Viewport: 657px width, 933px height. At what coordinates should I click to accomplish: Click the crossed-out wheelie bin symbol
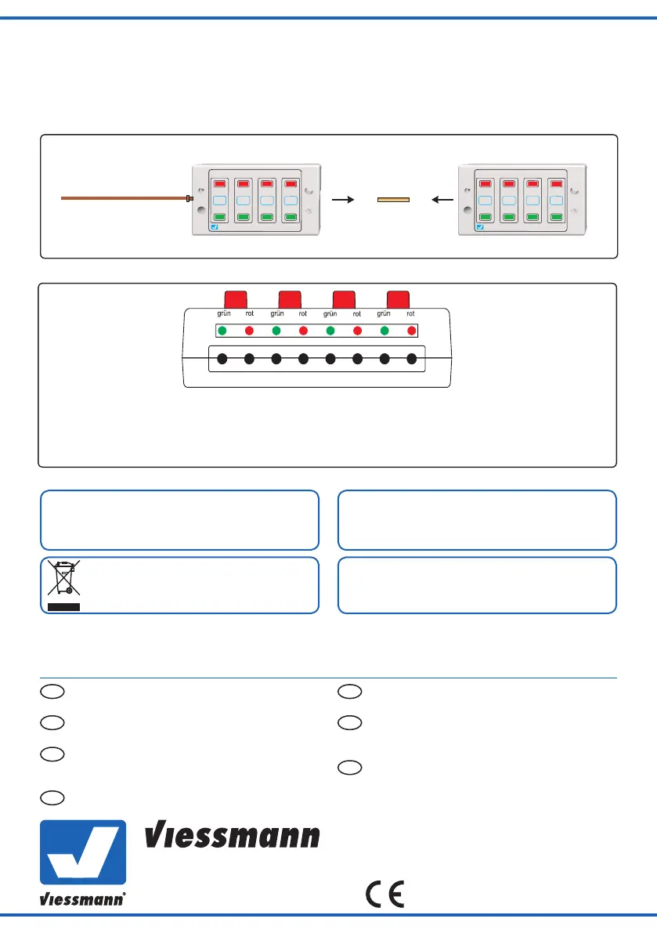pyautogui.click(x=63, y=580)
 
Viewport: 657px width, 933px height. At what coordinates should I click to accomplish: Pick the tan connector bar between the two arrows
pyautogui.click(x=393, y=200)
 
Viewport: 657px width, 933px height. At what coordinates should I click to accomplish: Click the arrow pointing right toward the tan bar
pyautogui.click(x=343, y=200)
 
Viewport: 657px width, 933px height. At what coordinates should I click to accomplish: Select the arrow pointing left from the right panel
pyautogui.click(x=443, y=200)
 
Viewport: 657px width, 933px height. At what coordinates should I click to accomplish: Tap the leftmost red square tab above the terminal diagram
pyautogui.click(x=236, y=298)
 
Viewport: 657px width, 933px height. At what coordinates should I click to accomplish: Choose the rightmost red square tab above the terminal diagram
pyautogui.click(x=399, y=298)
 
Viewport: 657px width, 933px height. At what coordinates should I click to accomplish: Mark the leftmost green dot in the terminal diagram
pyautogui.click(x=222, y=330)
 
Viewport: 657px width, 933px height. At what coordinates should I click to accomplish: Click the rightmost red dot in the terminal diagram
pyautogui.click(x=412, y=330)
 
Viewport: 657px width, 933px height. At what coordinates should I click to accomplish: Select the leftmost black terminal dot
pyautogui.click(x=222, y=360)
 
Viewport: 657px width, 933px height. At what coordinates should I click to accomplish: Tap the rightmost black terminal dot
pyautogui.click(x=412, y=360)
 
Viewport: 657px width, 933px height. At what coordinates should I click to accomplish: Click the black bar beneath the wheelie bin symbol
pyautogui.click(x=63, y=606)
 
